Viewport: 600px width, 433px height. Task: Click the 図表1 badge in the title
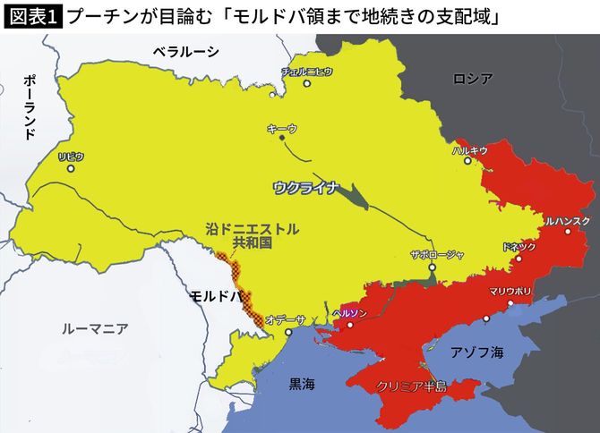point(31,17)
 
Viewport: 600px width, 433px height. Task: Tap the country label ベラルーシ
point(185,52)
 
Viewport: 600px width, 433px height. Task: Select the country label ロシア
point(473,79)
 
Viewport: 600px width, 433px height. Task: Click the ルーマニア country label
point(95,328)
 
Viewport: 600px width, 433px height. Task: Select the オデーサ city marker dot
point(287,332)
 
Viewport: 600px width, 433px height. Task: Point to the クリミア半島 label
point(411,386)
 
